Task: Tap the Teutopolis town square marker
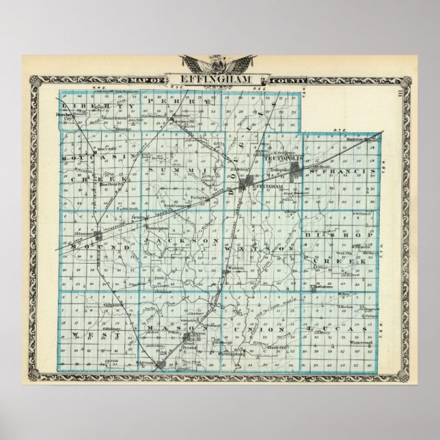click(296, 169)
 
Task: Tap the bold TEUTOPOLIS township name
click(280, 156)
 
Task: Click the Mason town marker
click(195, 339)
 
